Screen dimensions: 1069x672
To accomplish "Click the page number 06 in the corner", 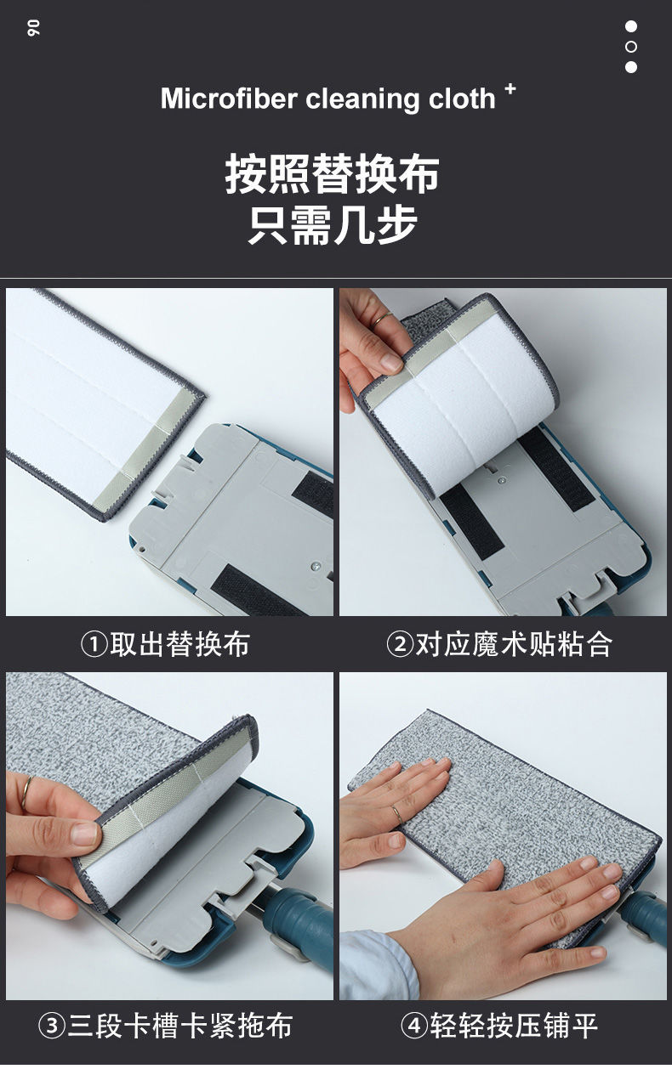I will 35,28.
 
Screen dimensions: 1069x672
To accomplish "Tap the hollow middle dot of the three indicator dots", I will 630,47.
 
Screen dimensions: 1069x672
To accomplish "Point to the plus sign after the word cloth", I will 510,88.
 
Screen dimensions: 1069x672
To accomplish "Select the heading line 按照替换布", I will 333,173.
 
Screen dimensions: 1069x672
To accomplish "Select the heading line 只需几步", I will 333,224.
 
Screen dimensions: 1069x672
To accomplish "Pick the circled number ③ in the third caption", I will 53,1027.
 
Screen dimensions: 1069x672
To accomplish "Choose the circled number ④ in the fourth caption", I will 414,1027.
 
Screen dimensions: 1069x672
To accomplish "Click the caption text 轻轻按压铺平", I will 514,1027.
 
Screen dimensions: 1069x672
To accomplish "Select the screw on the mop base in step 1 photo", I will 316,563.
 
